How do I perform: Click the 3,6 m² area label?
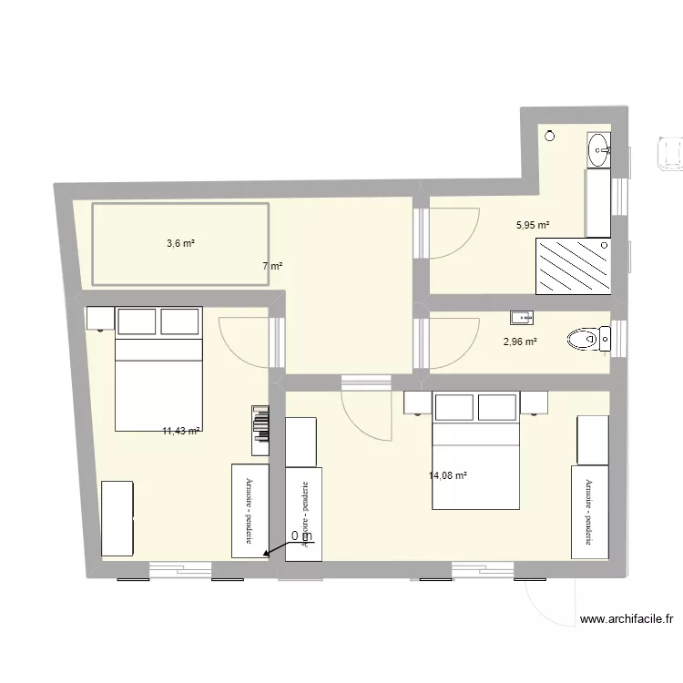pos(181,243)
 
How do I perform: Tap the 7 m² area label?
pos(272,267)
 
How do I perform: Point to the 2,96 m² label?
pos(520,342)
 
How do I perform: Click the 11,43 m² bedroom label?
pos(181,431)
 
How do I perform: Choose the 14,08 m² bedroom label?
pos(447,474)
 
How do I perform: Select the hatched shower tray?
pos(573,266)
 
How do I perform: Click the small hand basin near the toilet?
pos(522,318)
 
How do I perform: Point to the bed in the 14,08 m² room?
pos(474,437)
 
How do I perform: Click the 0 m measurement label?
pos(301,536)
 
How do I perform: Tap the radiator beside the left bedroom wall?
pos(260,430)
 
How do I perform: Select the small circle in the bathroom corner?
pos(549,137)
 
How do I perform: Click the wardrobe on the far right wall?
pos(589,511)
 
